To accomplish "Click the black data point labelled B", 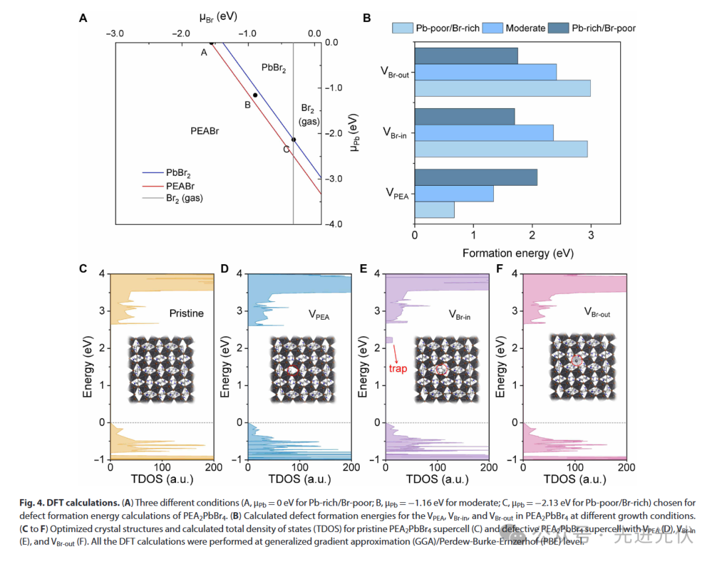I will coord(255,95).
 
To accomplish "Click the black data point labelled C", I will coord(293,139).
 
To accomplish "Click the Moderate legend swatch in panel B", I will coord(491,28).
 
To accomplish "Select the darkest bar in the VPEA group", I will coord(475,177).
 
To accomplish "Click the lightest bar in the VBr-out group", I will coord(502,88).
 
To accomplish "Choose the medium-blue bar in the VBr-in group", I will coord(483,133).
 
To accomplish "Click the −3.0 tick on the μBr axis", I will coord(115,33).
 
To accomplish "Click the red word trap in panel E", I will coord(398,370).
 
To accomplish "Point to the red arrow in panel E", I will coord(394,352).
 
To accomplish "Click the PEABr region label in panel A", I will coord(204,131).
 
